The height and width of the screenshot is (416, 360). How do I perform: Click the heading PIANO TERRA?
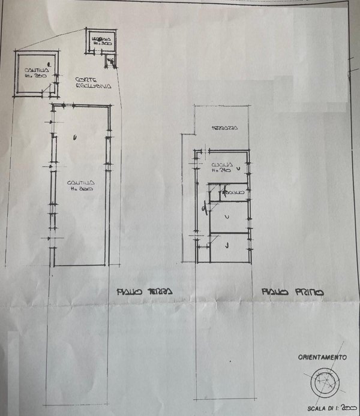[144, 292]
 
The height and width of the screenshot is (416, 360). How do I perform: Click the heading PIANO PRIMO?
[293, 293]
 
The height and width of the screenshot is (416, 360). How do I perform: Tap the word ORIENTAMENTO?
[322, 357]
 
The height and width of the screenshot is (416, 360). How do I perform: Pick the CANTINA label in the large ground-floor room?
[79, 182]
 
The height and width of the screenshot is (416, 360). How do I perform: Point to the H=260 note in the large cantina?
[80, 188]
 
